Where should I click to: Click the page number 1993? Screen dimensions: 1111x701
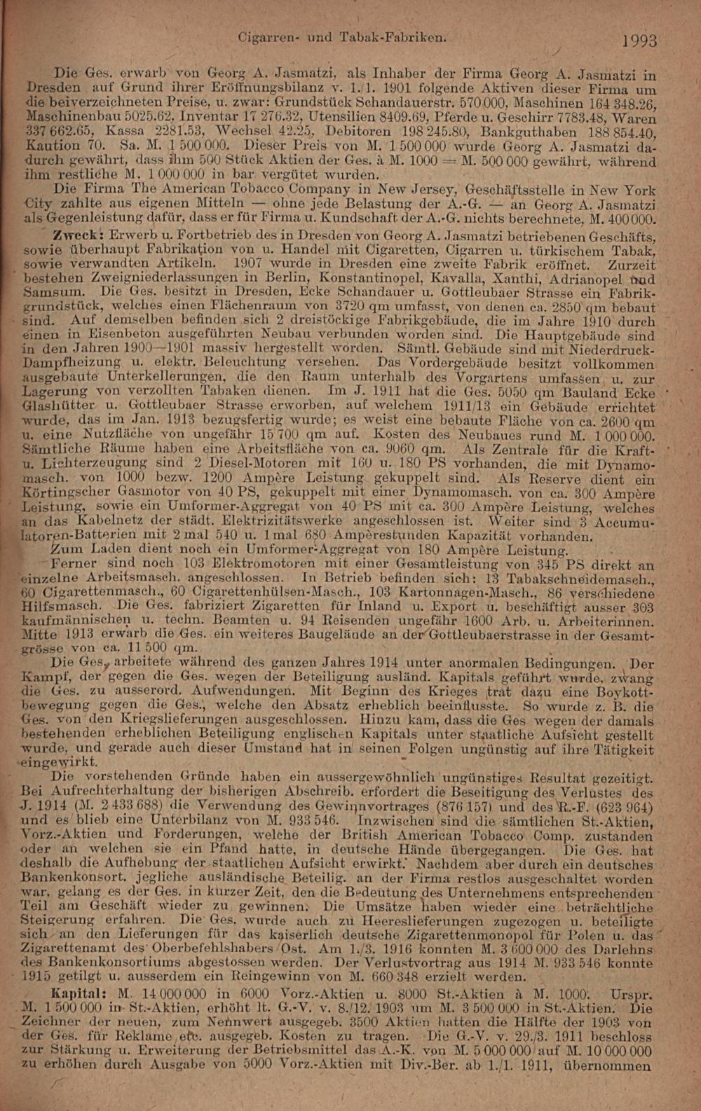click(x=639, y=41)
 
